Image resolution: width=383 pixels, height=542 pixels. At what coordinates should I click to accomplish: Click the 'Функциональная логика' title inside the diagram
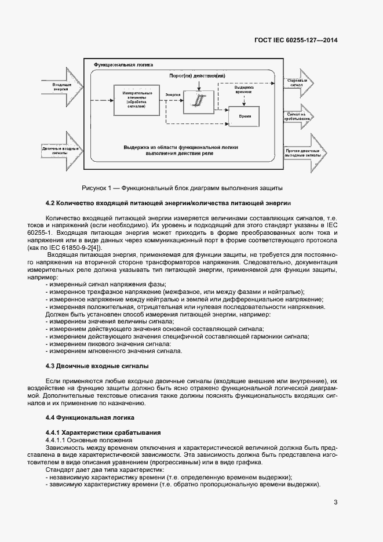pyautogui.click(x=123, y=66)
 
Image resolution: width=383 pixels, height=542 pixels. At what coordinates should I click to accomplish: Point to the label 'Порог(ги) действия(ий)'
pyautogui.click(x=196, y=77)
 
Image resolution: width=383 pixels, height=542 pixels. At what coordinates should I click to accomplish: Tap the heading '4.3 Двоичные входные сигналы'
pyautogui.click(x=97, y=366)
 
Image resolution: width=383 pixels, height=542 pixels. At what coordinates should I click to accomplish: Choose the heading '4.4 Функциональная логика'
pyautogui.click(x=90, y=417)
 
